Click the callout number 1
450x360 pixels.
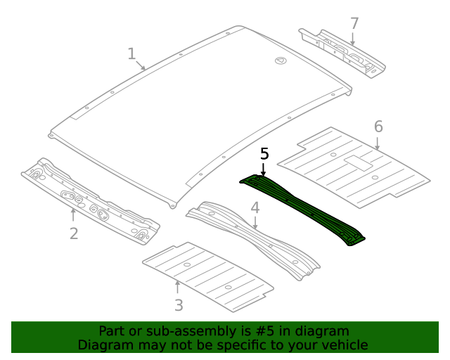click(131, 53)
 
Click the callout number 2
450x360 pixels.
click(74, 233)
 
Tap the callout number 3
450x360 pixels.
click(179, 305)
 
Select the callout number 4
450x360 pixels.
click(255, 207)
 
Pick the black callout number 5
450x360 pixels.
click(264, 153)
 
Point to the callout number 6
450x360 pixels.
click(378, 127)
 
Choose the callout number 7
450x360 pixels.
click(354, 23)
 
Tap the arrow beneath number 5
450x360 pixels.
click(264, 169)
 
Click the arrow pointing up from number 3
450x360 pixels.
click(177, 287)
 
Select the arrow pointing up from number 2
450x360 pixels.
click(73, 213)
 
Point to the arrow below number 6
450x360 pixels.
click(378, 143)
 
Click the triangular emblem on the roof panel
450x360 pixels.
click(280, 61)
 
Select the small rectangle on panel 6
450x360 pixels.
click(356, 163)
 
